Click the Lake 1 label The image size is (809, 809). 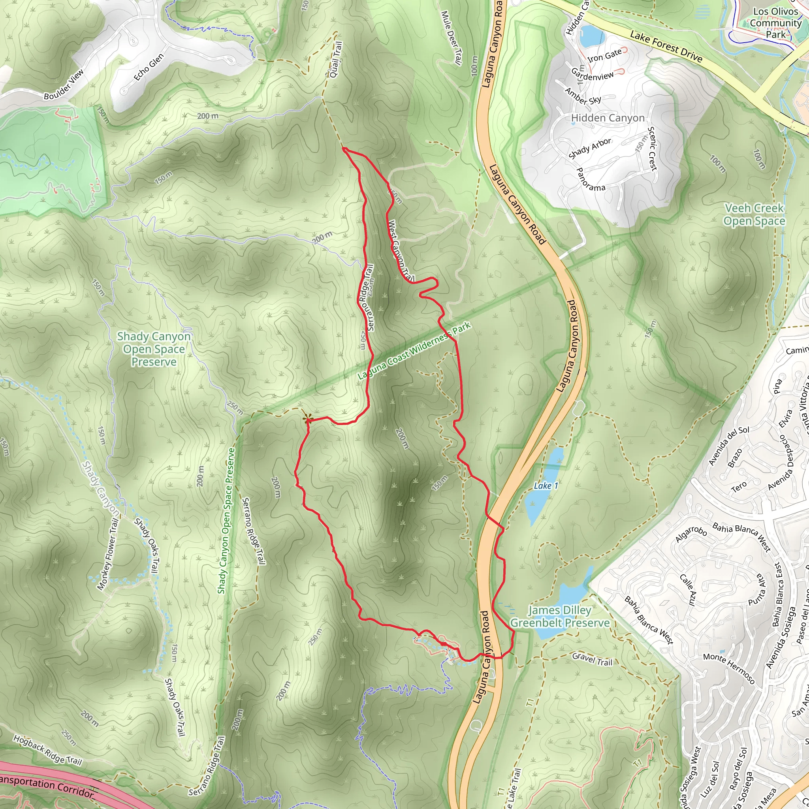(546, 486)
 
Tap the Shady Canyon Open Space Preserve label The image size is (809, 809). (154, 349)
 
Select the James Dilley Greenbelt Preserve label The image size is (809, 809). (559, 616)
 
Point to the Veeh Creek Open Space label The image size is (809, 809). (754, 214)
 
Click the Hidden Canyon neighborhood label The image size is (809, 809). (608, 118)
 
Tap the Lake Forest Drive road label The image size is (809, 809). (666, 47)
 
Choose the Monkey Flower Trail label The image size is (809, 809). (107, 554)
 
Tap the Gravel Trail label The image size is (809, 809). (592, 659)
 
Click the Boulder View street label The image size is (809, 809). (64, 84)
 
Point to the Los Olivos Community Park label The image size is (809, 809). (775, 23)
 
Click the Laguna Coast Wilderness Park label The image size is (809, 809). (414, 351)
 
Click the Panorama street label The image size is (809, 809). (591, 179)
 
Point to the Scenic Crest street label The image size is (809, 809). (652, 149)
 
